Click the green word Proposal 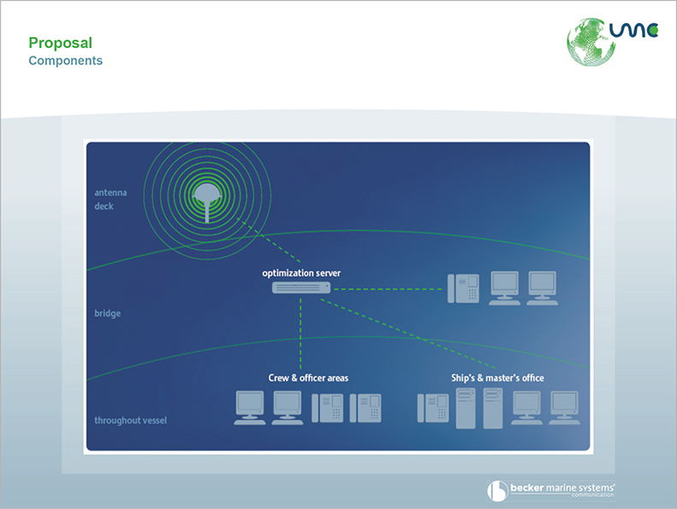tap(61, 43)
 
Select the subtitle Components tap(66, 61)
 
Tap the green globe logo tap(591, 42)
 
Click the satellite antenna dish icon tap(207, 202)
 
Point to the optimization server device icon tap(301, 288)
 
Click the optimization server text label tap(301, 272)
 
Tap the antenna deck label tap(110, 200)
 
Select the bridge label tap(108, 313)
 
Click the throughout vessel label tap(130, 421)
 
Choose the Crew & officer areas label tap(308, 378)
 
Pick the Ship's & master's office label tap(497, 378)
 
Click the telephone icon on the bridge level tap(463, 289)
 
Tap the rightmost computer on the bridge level tap(543, 289)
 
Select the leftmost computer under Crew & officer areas tap(250, 408)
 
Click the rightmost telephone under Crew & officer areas tap(365, 408)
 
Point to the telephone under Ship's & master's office tap(433, 408)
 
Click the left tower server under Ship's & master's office tap(466, 408)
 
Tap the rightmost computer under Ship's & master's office tap(564, 408)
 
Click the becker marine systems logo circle tap(497, 491)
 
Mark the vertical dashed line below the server tap(300, 333)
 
